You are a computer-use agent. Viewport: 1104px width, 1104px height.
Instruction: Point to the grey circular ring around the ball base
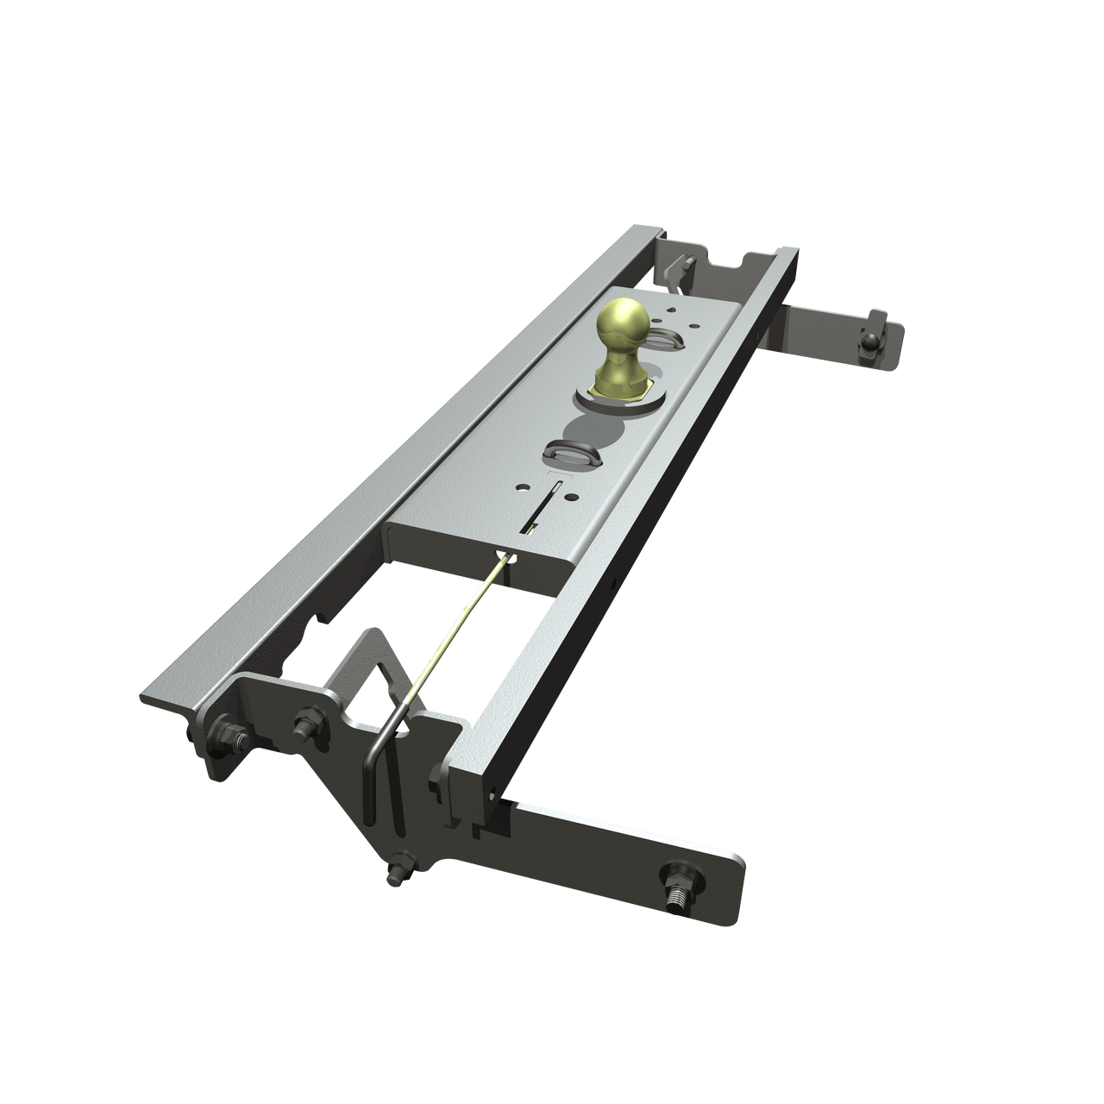coord(649,399)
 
